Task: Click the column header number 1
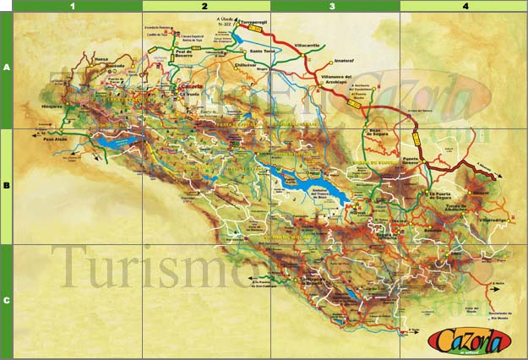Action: [73, 6]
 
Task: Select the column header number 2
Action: [205, 6]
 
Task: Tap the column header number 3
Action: [333, 6]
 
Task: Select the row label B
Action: [6, 186]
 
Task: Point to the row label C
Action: [6, 299]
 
